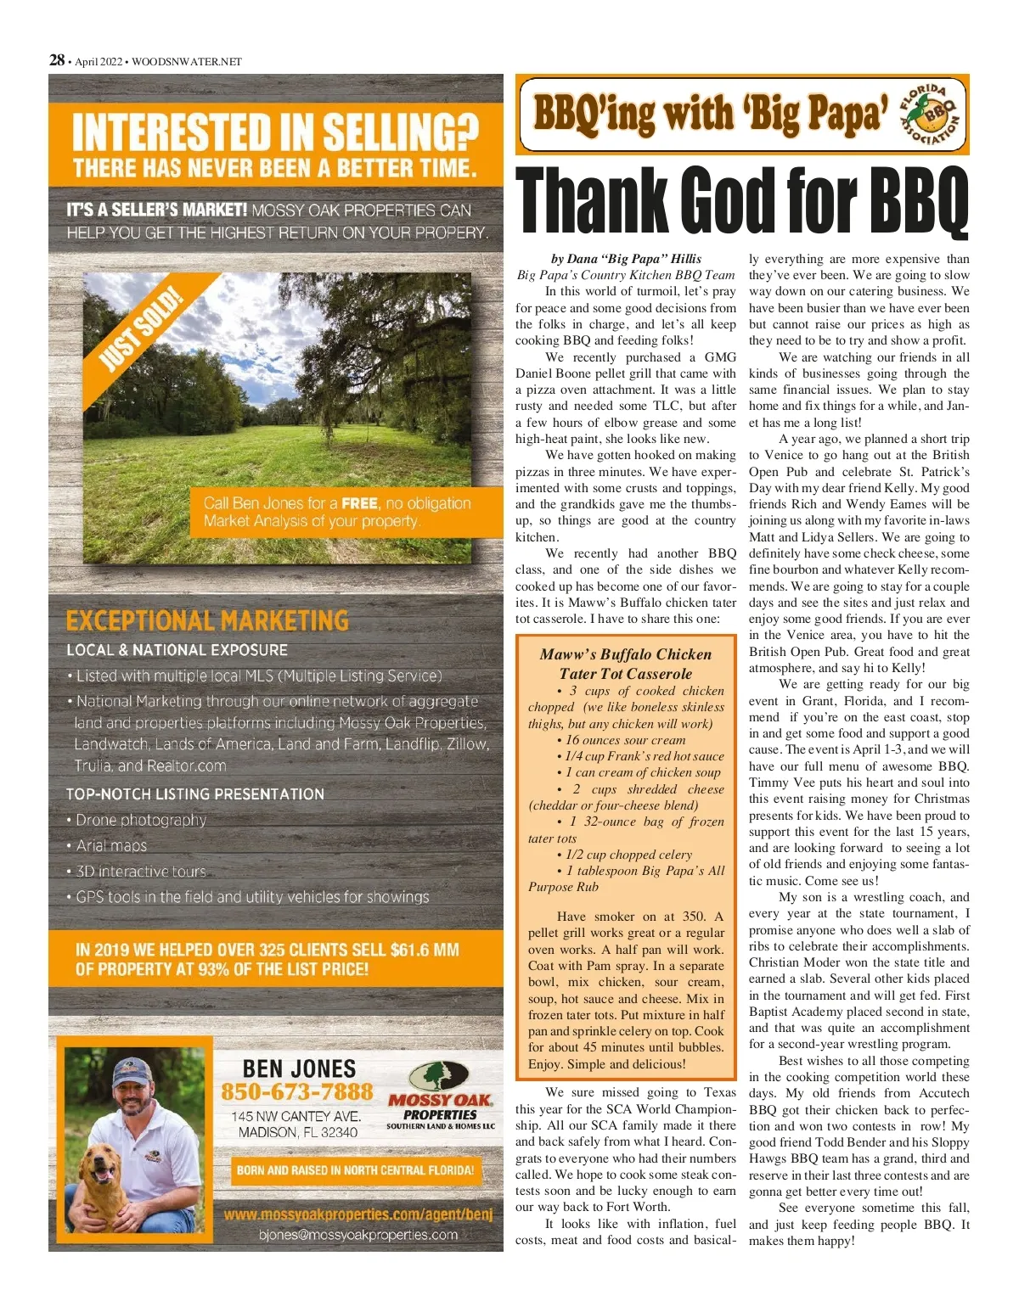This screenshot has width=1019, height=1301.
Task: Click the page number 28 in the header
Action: coord(57,60)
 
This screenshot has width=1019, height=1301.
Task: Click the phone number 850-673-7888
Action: coord(297,1091)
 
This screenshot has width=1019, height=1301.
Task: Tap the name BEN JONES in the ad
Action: coord(299,1068)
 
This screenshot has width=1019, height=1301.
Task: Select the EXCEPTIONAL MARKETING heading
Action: coord(207,621)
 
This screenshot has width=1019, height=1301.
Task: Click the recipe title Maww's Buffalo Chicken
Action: coord(625,654)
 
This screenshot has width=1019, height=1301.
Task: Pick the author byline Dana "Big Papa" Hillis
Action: coord(626,259)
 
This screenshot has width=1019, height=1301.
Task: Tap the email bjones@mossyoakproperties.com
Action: coord(357,1235)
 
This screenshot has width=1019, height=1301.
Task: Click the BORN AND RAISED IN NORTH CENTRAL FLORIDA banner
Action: coord(355,1170)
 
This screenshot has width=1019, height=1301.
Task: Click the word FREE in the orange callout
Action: coord(359,503)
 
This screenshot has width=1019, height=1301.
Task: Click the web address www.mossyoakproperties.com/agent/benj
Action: coord(357,1214)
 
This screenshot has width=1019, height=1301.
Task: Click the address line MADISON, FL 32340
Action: coord(297,1132)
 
